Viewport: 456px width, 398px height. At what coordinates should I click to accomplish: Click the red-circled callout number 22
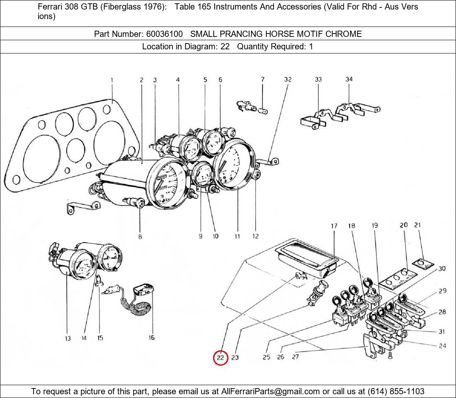[221, 357]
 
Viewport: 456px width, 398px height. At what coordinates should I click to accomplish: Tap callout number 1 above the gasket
[112, 80]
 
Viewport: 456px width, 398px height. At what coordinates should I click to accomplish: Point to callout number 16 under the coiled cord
[152, 338]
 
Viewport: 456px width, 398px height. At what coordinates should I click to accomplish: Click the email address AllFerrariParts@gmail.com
[271, 391]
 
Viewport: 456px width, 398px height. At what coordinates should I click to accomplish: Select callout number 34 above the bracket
[349, 79]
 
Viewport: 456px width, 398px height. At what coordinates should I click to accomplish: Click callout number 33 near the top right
[318, 79]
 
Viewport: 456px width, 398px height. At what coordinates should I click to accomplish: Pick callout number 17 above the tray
[334, 226]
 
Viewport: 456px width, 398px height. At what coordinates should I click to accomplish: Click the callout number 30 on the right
[442, 269]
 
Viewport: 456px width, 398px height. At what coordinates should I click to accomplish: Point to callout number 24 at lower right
[442, 345]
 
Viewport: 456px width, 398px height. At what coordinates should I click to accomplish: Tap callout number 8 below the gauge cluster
[140, 237]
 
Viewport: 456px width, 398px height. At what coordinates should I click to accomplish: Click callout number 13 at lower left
[68, 339]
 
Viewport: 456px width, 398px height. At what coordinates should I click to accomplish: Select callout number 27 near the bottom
[295, 357]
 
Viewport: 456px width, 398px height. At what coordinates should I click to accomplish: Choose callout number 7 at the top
[262, 79]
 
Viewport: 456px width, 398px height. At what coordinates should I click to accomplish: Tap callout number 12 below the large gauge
[255, 236]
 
